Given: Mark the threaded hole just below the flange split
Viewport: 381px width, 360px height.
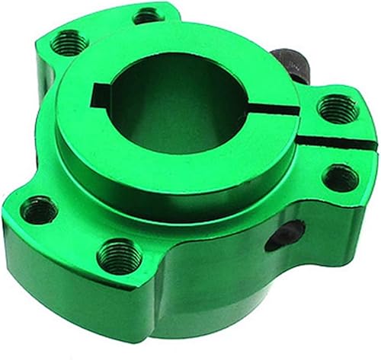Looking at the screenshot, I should tap(339, 178).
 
